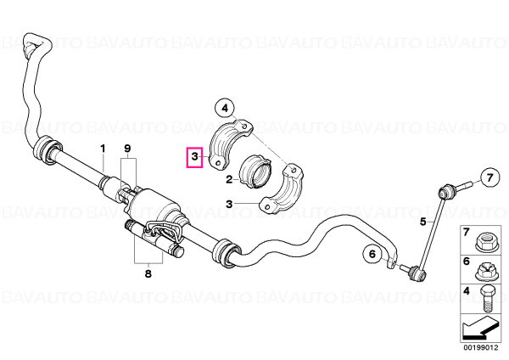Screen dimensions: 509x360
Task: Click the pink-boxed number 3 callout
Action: [x=194, y=157]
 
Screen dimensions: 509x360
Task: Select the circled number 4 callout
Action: [x=225, y=109]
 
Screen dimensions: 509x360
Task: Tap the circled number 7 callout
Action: [x=489, y=177]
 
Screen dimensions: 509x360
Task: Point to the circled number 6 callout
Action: [x=372, y=254]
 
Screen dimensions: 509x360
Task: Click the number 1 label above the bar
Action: [x=103, y=149]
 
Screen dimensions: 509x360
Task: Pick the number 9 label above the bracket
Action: [x=127, y=149]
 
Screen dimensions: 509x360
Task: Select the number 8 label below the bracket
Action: [x=148, y=274]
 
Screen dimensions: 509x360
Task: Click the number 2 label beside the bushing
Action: [x=230, y=179]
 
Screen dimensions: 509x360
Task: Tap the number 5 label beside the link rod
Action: [x=423, y=222]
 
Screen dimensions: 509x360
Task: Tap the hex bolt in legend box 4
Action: [x=486, y=299]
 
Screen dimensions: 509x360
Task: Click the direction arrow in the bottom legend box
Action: [x=480, y=329]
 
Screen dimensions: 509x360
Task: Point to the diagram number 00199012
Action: [x=480, y=348]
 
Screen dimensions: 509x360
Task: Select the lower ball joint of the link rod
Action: [x=417, y=273]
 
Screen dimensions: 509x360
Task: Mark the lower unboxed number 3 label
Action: [x=230, y=204]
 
